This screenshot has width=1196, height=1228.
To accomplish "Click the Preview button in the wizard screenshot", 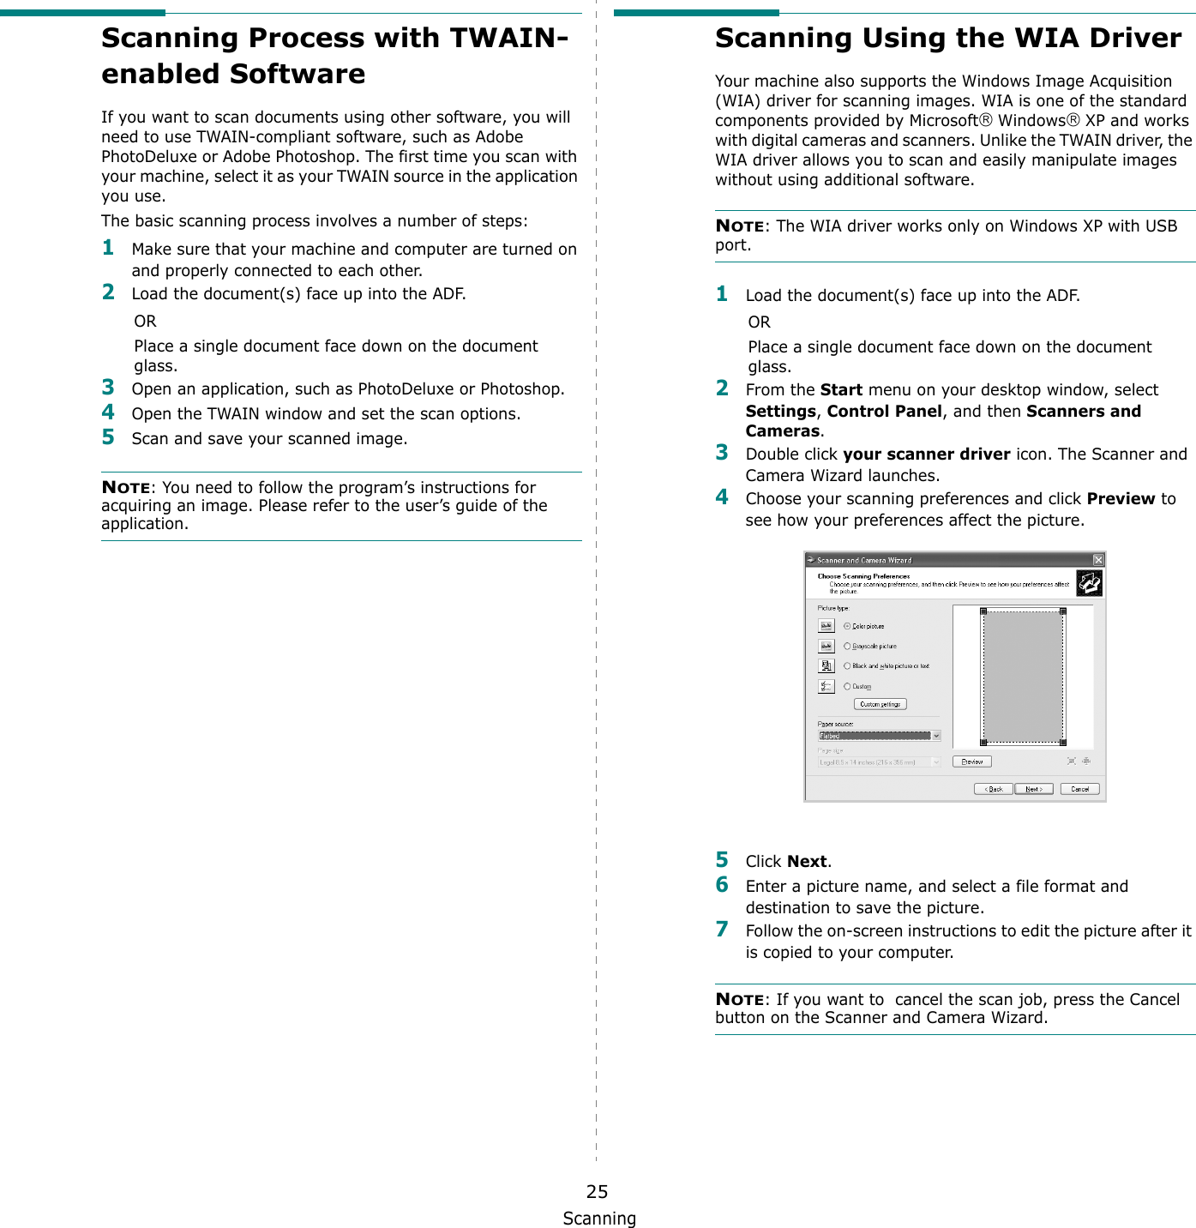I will click(x=971, y=761).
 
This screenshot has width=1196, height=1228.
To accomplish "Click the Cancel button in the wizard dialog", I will click(x=1079, y=789).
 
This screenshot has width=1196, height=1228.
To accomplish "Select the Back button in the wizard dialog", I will click(x=994, y=789).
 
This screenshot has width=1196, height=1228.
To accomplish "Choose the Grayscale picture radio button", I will click(x=847, y=647).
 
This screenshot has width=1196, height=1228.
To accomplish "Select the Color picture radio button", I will click(x=847, y=626).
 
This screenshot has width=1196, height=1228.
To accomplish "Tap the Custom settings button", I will click(x=880, y=704).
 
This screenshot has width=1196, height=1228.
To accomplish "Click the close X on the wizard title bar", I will click(x=1097, y=560).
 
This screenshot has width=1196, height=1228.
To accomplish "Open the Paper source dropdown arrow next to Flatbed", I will click(x=936, y=736).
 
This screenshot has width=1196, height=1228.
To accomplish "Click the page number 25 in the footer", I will click(x=597, y=1191).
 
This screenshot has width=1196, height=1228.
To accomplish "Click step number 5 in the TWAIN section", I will click(x=108, y=437).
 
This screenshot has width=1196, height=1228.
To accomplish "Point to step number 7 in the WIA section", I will click(x=722, y=930).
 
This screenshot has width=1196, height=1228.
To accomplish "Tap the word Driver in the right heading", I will click(x=1135, y=39).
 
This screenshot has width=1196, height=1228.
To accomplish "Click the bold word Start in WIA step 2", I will click(x=841, y=390).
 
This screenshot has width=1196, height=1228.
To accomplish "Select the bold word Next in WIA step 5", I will click(x=807, y=862).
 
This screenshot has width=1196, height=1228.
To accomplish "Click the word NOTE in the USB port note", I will click(x=739, y=226).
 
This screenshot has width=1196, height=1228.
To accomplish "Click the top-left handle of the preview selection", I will click(x=983, y=611).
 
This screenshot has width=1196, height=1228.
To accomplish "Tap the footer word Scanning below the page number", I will click(x=599, y=1219).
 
